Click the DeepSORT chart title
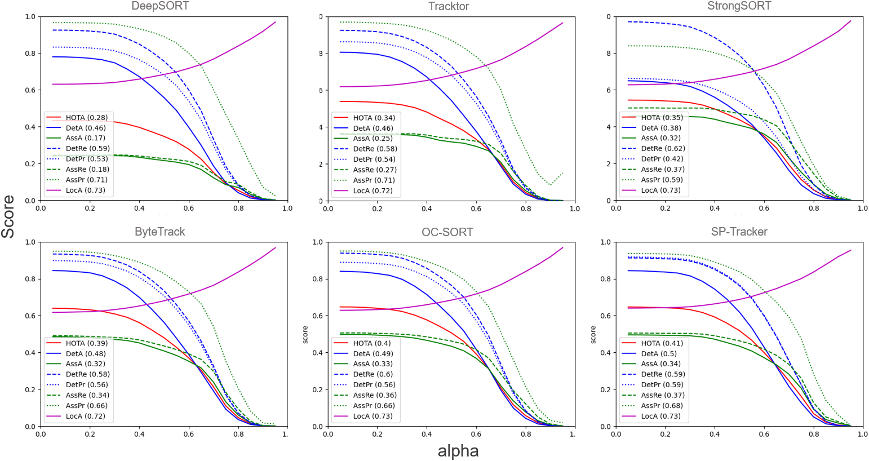pyautogui.click(x=160, y=6)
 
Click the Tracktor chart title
pyautogui.click(x=449, y=6)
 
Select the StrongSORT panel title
pyautogui.click(x=739, y=6)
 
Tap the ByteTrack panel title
pyautogui.click(x=160, y=232)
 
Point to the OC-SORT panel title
pyautogui.click(x=447, y=232)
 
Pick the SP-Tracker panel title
pyautogui.click(x=739, y=232)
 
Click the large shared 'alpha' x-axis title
pyautogui.click(x=458, y=451)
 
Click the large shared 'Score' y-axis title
pyautogui.click(x=8, y=216)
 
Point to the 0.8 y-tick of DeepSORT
pyautogui.click(x=29, y=54)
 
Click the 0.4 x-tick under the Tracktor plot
pyautogui.click(x=427, y=209)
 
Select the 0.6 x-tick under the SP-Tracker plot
pyautogui.click(x=764, y=434)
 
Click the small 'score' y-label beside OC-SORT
pyautogui.click(x=305, y=335)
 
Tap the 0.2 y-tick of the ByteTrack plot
pyautogui.click(x=29, y=389)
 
